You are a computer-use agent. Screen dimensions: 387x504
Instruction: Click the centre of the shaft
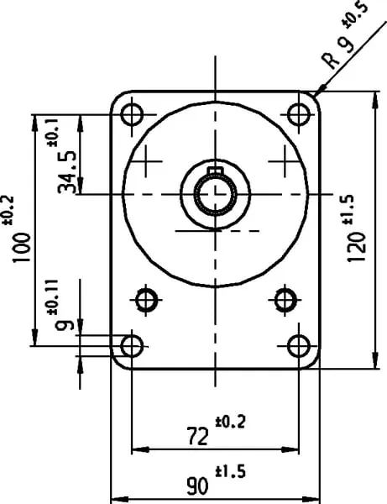coord(215,194)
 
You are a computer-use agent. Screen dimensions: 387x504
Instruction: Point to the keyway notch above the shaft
coord(215,171)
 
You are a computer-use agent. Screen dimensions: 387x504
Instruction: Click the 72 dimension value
coord(197,437)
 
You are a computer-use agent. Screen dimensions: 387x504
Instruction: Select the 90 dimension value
coord(197,486)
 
